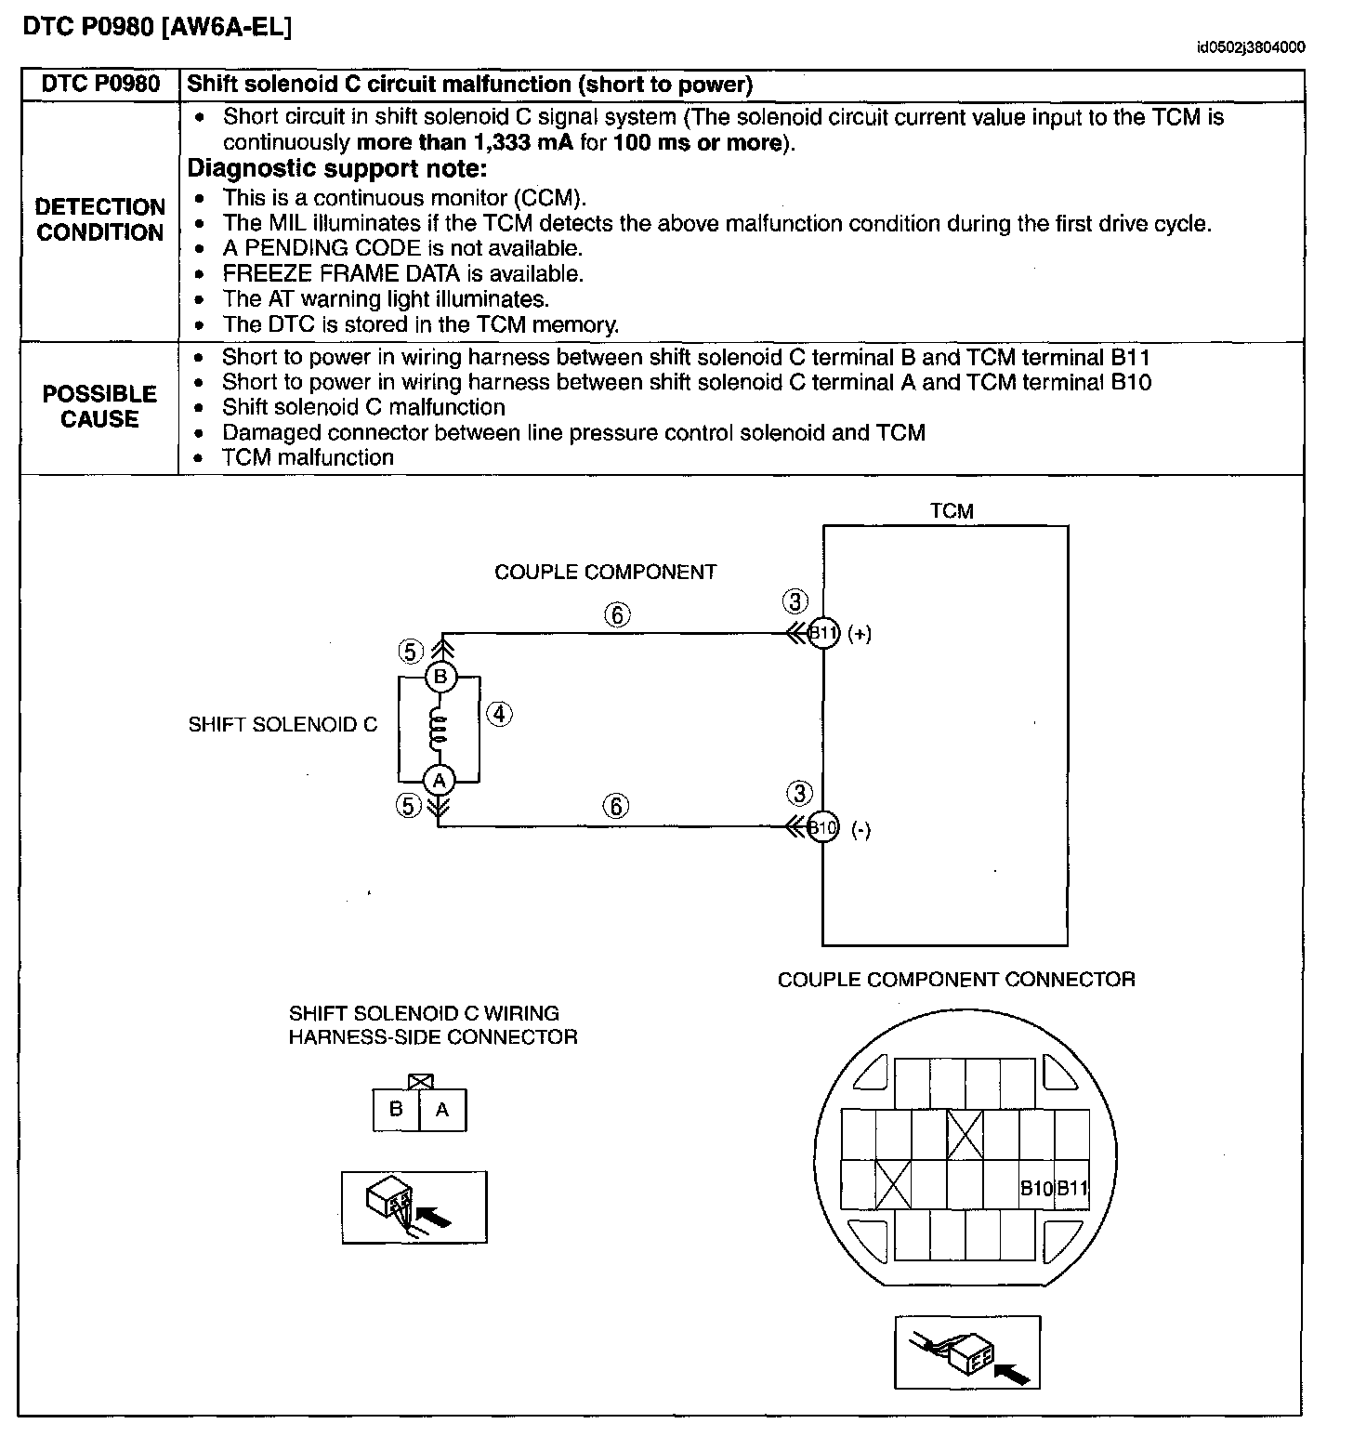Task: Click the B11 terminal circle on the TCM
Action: [x=823, y=634]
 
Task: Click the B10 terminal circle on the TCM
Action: [x=823, y=826]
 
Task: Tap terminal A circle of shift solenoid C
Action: [x=440, y=779]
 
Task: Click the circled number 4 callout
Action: [x=499, y=714]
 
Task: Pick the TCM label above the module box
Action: [x=952, y=510]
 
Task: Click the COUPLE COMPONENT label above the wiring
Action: [x=605, y=572]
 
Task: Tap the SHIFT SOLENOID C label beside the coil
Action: [x=282, y=724]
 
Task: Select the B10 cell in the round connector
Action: [x=1036, y=1187]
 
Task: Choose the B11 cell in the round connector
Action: [x=1071, y=1187]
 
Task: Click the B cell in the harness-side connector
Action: [x=396, y=1109]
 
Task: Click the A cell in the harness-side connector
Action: [x=442, y=1109]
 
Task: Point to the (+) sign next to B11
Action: [x=860, y=634]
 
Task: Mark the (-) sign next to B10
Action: [x=861, y=830]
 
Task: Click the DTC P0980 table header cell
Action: [x=100, y=85]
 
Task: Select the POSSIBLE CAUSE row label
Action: [x=99, y=406]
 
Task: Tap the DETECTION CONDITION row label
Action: [x=99, y=219]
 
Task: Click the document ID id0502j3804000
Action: [x=1250, y=48]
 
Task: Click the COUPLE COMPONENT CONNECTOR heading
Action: [x=956, y=979]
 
